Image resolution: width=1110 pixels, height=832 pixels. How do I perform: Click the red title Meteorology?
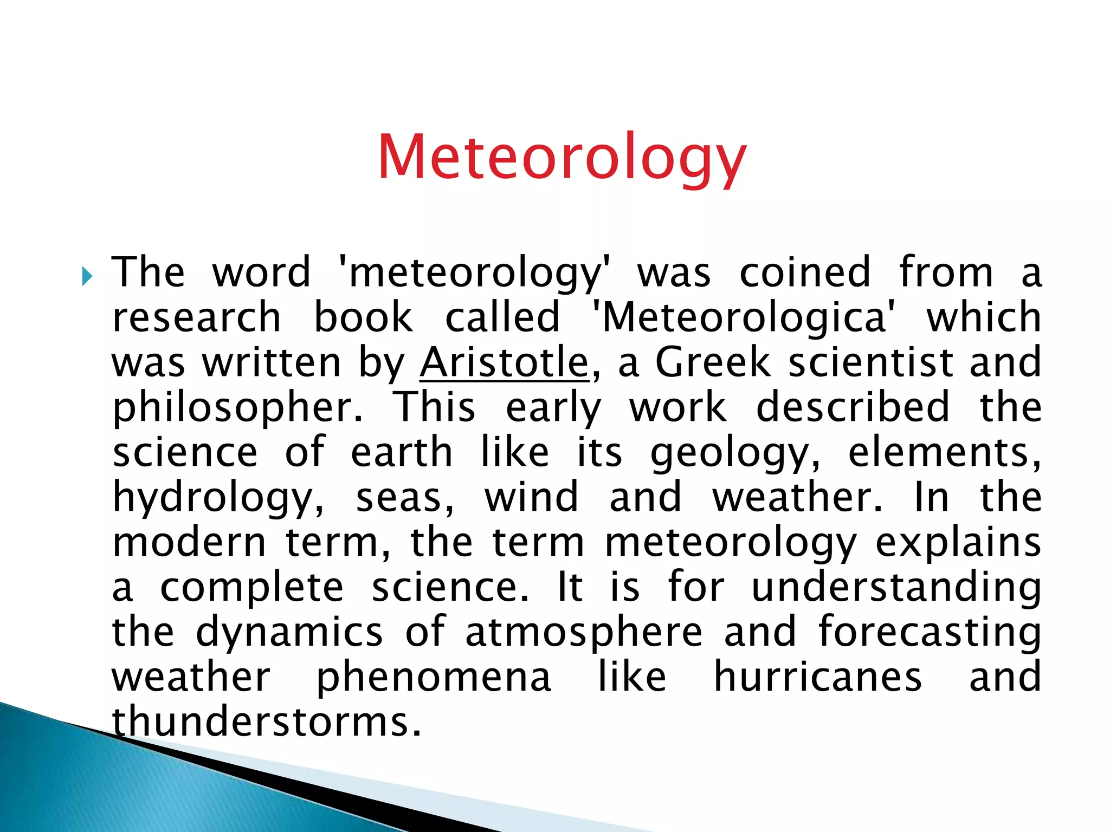pos(562,157)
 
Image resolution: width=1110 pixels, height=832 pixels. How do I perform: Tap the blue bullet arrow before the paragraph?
pos(87,277)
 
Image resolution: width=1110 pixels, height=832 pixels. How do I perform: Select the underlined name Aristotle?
pos(504,362)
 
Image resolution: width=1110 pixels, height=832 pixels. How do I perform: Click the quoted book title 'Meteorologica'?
pos(743,317)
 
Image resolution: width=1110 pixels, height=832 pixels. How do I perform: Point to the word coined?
pos(805,272)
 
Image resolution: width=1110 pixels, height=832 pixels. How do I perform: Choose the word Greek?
pos(713,362)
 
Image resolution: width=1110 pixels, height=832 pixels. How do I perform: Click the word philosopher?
pos(237,407)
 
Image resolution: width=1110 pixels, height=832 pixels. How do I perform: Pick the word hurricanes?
pos(818,677)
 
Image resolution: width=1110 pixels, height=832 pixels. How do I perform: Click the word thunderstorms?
pos(266,722)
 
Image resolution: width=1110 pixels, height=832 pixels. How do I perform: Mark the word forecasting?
pos(930,633)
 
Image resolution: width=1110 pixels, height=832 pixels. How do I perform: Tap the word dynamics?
pos(289,633)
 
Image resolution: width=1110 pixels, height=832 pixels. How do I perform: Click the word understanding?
pos(896,588)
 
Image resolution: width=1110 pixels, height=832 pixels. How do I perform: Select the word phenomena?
pos(434,678)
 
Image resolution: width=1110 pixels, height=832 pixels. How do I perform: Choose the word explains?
pos(958,543)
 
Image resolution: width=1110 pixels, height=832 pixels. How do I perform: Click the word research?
pos(196,317)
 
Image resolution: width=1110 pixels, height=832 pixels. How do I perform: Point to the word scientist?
pos(870,362)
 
